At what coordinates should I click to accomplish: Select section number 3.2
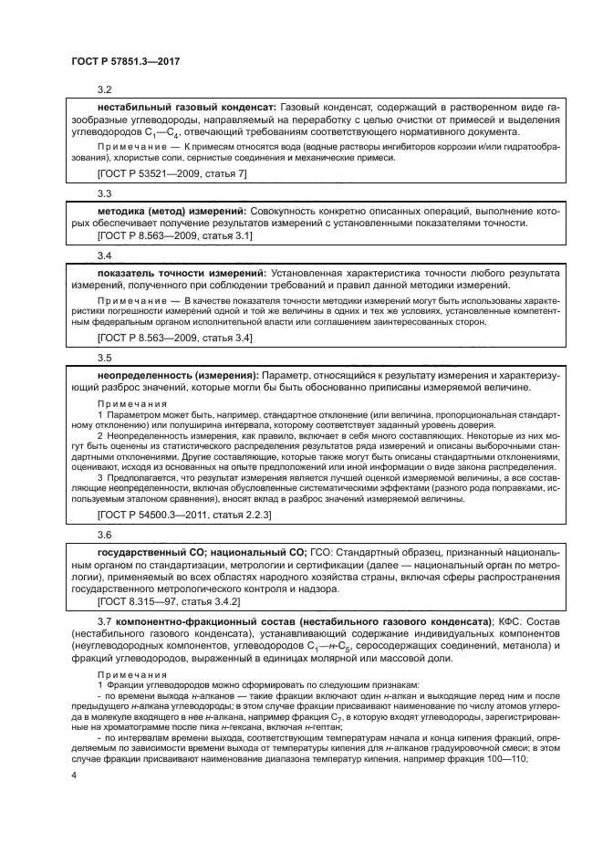(x=104, y=90)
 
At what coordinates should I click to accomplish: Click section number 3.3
(x=104, y=193)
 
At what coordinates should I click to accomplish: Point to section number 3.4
(x=104, y=256)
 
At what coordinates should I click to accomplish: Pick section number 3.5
(x=104, y=359)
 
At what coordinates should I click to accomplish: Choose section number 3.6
(x=104, y=536)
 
